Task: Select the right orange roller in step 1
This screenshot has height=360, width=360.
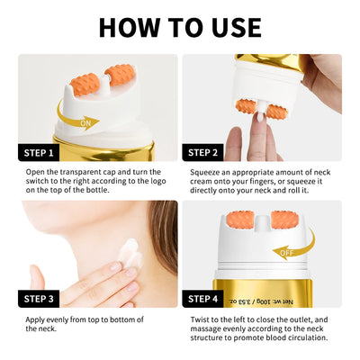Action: pos(119,77)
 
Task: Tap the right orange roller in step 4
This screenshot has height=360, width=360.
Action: pos(284,220)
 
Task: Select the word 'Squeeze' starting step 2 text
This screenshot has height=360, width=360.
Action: pos(208,172)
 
